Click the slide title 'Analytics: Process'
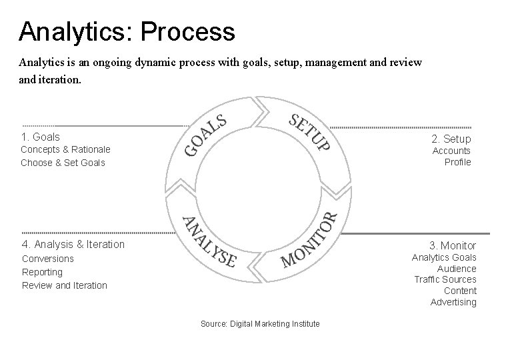(127, 31)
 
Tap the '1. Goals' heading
(40, 137)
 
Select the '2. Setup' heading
(451, 139)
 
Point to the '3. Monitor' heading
(453, 245)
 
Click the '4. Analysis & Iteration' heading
(73, 244)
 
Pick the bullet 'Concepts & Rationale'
(65, 149)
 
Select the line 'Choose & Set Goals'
(63, 163)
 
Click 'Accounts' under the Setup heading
(451, 151)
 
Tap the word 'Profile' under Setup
(457, 162)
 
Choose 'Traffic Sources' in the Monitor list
(445, 279)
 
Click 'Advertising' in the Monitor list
(453, 302)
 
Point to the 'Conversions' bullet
(48, 259)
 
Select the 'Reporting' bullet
(42, 272)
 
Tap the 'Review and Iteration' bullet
(64, 285)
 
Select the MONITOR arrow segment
(309, 240)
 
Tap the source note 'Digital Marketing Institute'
(260, 324)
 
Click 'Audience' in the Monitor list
(457, 269)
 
